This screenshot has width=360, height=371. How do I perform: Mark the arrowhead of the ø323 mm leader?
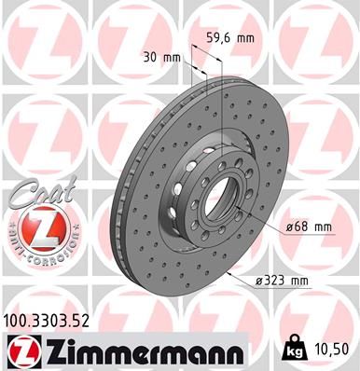[x=229, y=276]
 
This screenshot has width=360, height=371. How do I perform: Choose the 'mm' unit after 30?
[x=172, y=58]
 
